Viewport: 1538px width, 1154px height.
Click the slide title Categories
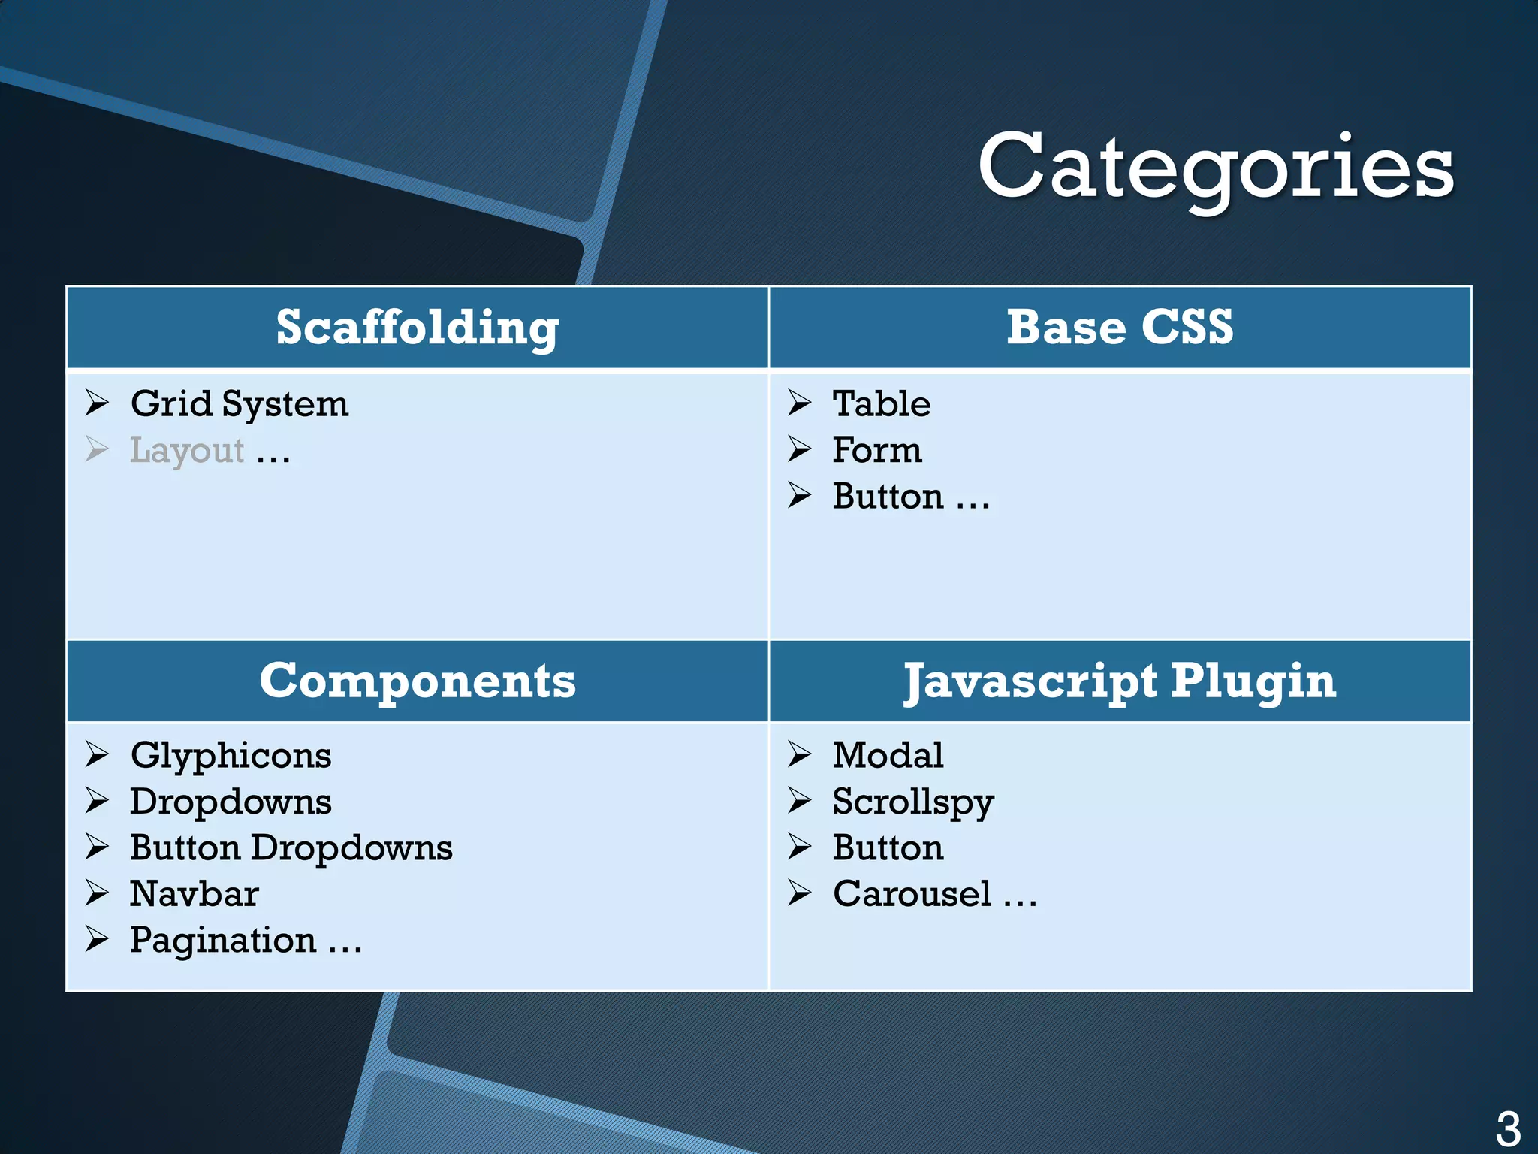pyautogui.click(x=1215, y=167)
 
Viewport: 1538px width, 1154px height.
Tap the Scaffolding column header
pyautogui.click(x=418, y=328)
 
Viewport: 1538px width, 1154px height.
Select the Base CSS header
pyautogui.click(x=1120, y=328)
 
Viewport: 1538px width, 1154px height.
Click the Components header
pyautogui.click(x=418, y=681)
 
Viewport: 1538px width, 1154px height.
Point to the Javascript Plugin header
pyautogui.click(x=1120, y=681)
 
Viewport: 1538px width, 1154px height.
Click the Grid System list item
pyautogui.click(x=240, y=404)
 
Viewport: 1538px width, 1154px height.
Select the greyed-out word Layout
pyautogui.click(x=187, y=451)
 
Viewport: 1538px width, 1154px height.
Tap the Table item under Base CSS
pyautogui.click(x=882, y=404)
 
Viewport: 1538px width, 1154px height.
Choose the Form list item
pyautogui.click(x=876, y=451)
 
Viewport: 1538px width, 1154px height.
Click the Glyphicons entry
pyautogui.click(x=231, y=755)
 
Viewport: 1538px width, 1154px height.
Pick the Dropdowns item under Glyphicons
pyautogui.click(x=231, y=802)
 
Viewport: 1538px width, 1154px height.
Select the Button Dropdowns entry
pyautogui.click(x=291, y=848)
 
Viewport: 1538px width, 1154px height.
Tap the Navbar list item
pyautogui.click(x=195, y=894)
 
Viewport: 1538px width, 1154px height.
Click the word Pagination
pyautogui.click(x=223, y=941)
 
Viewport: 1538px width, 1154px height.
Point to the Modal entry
pyautogui.click(x=888, y=755)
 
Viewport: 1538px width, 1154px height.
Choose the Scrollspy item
pyautogui.click(x=913, y=802)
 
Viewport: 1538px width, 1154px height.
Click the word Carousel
pyautogui.click(x=912, y=894)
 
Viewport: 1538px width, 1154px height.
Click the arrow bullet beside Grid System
pyautogui.click(x=97, y=403)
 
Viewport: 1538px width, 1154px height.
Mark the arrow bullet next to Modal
pyautogui.click(x=799, y=754)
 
